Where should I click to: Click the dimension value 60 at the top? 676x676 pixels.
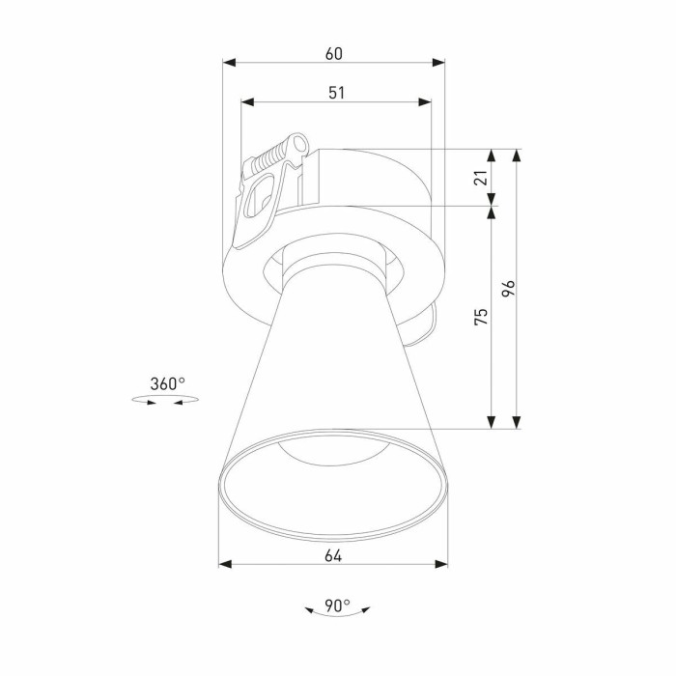333,54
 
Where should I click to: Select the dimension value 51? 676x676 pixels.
336,92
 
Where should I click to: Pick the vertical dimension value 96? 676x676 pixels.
510,288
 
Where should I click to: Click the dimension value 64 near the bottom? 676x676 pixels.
333,554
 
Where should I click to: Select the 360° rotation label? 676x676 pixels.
167,383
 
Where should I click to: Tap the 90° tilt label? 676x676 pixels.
337,606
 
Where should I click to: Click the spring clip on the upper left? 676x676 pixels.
267,188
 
